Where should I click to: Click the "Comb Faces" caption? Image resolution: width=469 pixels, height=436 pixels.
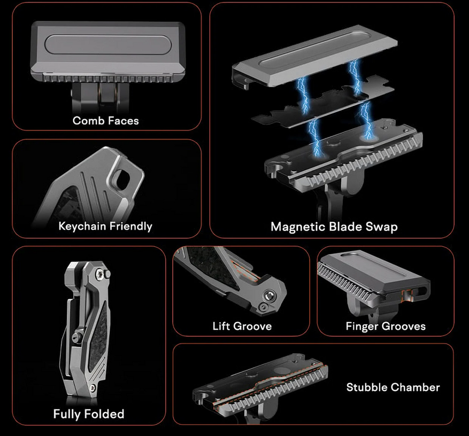pyautogui.click(x=105, y=121)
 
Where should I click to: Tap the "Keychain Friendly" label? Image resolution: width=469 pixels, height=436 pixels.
pyautogui.click(x=105, y=226)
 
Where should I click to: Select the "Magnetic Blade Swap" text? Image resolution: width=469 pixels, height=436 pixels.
pyautogui.click(x=334, y=227)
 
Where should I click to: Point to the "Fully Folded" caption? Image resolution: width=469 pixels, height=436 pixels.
pyautogui.click(x=89, y=414)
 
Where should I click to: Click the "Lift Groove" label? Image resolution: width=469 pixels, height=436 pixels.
pyautogui.click(x=242, y=326)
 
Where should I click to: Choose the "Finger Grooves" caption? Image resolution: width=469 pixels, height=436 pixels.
pyautogui.click(x=386, y=326)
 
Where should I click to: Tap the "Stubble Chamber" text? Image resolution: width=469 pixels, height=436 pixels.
pyautogui.click(x=393, y=387)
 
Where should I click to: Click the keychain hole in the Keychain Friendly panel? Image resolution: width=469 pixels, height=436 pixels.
pyautogui.click(x=122, y=180)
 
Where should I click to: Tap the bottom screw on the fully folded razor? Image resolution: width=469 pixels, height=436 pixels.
pyautogui.click(x=93, y=387)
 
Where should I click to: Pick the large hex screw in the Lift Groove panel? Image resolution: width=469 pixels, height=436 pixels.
pyautogui.click(x=268, y=297)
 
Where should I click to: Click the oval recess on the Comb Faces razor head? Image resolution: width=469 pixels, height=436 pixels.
pyautogui.click(x=108, y=45)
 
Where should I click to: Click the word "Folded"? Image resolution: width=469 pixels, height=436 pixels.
pyautogui.click(x=104, y=414)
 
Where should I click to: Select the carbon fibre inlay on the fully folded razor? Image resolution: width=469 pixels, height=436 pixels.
pyautogui.click(x=100, y=337)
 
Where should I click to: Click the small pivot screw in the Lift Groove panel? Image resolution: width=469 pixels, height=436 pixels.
pyautogui.click(x=263, y=307)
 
